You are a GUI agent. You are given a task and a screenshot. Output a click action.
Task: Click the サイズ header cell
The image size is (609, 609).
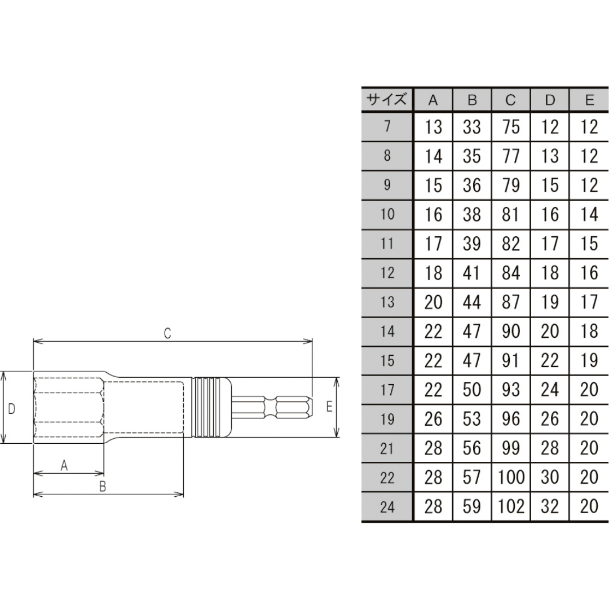(387, 100)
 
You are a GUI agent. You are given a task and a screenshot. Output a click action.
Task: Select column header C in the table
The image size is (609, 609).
(511, 100)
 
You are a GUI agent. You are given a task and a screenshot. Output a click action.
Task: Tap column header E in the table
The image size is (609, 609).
(589, 100)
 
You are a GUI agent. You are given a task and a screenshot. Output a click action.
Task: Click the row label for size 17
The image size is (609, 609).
(387, 390)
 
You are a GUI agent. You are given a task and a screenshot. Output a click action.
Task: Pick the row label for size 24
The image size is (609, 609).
(387, 507)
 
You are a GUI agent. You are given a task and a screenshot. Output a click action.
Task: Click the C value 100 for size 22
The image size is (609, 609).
(511, 478)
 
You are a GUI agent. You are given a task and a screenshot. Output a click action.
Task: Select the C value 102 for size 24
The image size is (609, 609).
(511, 506)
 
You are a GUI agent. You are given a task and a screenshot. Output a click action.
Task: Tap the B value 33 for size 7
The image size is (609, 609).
(472, 127)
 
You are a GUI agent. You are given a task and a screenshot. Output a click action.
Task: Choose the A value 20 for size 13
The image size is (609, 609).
(433, 302)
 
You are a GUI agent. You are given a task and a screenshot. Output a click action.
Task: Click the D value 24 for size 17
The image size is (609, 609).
(550, 390)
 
